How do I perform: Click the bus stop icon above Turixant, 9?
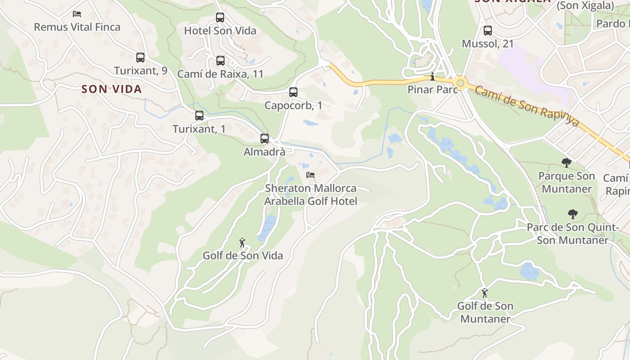(140, 58)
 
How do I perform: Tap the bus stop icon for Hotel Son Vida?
(220, 18)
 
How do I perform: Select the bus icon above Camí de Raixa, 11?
(220, 60)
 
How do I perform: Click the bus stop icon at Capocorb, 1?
(293, 92)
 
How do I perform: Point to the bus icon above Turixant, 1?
(199, 116)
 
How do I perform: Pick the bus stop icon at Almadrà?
(265, 139)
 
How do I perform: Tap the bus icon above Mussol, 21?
(488, 31)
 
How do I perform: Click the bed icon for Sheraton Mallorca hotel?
(310, 175)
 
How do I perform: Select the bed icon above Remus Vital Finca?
(77, 14)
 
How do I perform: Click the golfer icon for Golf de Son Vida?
(243, 243)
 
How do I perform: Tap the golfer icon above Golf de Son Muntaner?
(485, 293)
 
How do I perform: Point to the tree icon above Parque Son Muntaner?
(566, 162)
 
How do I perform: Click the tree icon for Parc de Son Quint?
(572, 214)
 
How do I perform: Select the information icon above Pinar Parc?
(432, 76)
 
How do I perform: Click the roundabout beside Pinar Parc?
(460, 83)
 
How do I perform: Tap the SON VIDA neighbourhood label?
(112, 89)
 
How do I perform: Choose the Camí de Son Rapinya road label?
(526, 106)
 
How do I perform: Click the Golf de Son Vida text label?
(243, 256)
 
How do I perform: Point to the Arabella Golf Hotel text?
(310, 201)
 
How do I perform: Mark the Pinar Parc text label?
(432, 90)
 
